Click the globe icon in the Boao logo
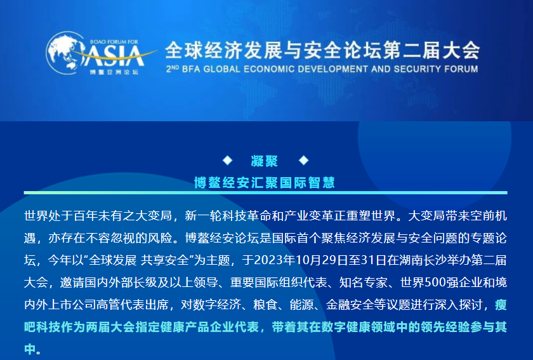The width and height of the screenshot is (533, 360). [x=65, y=53]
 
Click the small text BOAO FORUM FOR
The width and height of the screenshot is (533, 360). [x=114, y=42]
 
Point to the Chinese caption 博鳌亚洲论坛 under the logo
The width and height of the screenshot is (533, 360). [x=114, y=72]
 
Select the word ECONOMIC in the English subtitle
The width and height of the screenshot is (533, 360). [x=266, y=69]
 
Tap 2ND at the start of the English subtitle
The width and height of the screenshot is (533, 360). [x=173, y=69]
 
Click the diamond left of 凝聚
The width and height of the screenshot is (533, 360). [x=227, y=160]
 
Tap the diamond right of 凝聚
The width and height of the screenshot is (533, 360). [x=303, y=160]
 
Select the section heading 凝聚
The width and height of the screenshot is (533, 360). [x=265, y=161]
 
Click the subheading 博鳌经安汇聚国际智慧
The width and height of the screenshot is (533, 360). [x=265, y=183]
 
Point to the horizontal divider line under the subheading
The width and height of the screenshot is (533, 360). [x=265, y=192]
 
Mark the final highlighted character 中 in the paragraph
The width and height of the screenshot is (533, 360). [x=30, y=349]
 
